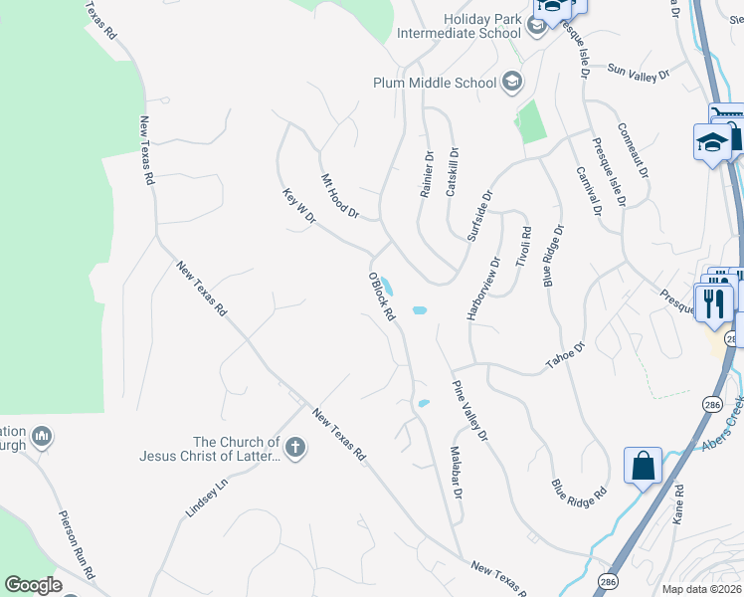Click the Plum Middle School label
[435, 83]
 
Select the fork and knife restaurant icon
[712, 301]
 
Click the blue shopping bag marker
[643, 465]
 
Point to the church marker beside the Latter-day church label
[294, 449]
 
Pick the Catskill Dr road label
[453, 172]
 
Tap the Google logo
[34, 585]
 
